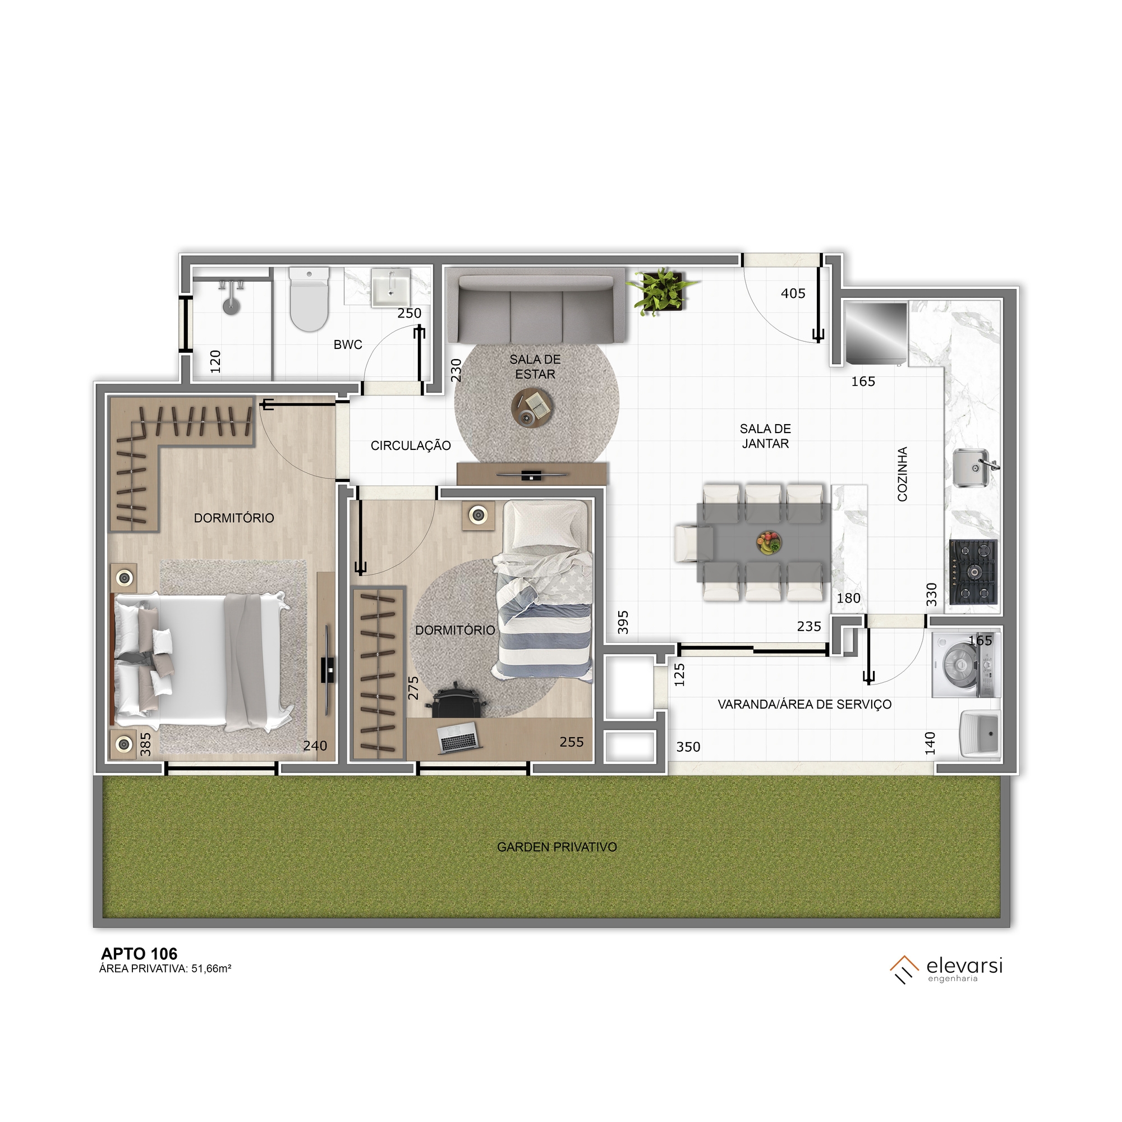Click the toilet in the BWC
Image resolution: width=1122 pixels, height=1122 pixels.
[x=310, y=299]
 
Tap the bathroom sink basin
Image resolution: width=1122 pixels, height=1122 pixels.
[x=391, y=287]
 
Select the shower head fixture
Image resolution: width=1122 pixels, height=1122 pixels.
[x=232, y=297]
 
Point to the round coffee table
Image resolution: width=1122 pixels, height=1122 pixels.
[x=532, y=408]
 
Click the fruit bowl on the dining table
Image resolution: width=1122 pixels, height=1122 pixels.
[x=769, y=543]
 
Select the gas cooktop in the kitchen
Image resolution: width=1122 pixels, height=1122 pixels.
[x=974, y=572]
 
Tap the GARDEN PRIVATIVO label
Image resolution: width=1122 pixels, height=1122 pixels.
[x=557, y=847]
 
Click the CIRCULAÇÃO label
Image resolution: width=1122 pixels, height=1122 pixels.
[x=411, y=445]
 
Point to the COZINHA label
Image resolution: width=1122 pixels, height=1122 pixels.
[x=902, y=474]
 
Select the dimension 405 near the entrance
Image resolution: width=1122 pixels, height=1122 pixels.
[x=793, y=293]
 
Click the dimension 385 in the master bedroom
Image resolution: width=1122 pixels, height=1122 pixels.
[x=146, y=744]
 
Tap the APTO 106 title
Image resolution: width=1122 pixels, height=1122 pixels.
[x=139, y=954]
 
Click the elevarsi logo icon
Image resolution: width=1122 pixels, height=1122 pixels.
[x=904, y=969]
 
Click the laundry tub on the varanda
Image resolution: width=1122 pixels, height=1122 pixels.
[x=980, y=734]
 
